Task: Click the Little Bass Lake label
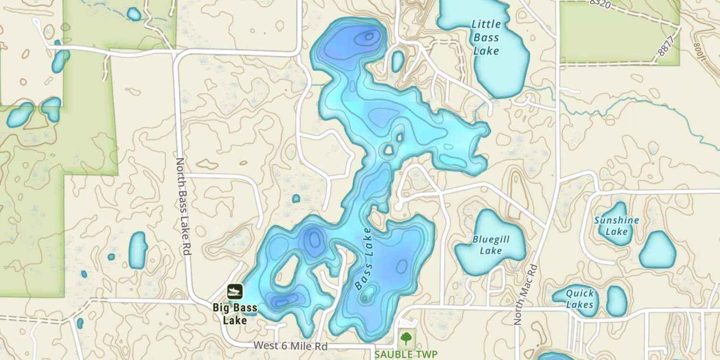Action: coord(486,37)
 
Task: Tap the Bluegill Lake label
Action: coord(491,245)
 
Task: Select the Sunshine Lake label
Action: coord(616,226)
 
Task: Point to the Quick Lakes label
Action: coord(579,299)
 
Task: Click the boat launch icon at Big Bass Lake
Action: coord(235,291)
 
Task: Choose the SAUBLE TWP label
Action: coord(406,355)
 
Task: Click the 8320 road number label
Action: coord(601,4)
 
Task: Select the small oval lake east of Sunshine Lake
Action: coord(657,250)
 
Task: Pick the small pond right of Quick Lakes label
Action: coord(617,301)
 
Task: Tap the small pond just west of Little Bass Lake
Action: coord(397,61)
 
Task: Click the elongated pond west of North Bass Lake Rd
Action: coord(138,250)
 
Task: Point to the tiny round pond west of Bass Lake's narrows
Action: coord(296,198)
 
